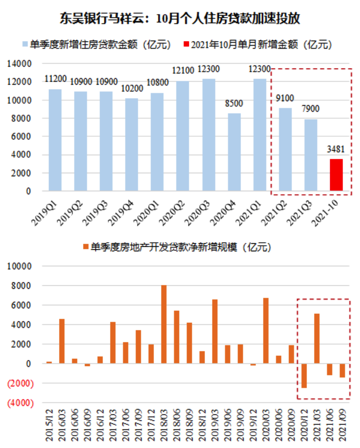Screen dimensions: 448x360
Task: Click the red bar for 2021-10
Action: coord(336,175)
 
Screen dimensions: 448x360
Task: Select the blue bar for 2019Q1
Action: coord(55,140)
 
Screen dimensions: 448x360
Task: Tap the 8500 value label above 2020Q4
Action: coord(234,104)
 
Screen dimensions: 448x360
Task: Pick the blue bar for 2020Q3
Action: coord(208,135)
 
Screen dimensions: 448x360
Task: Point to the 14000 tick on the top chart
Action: coord(21,64)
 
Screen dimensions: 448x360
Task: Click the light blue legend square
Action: coord(25,45)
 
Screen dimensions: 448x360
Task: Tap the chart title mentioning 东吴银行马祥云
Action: coord(179,19)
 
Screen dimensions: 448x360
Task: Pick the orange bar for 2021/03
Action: coord(316,338)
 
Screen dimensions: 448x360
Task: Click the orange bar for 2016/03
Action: coord(62,341)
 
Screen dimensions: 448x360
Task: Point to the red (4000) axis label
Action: coord(19,403)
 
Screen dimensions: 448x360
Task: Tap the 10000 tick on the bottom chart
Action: coord(19,266)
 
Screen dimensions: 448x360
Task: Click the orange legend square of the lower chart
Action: coord(85,247)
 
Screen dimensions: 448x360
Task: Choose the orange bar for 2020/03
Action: coord(265,331)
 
